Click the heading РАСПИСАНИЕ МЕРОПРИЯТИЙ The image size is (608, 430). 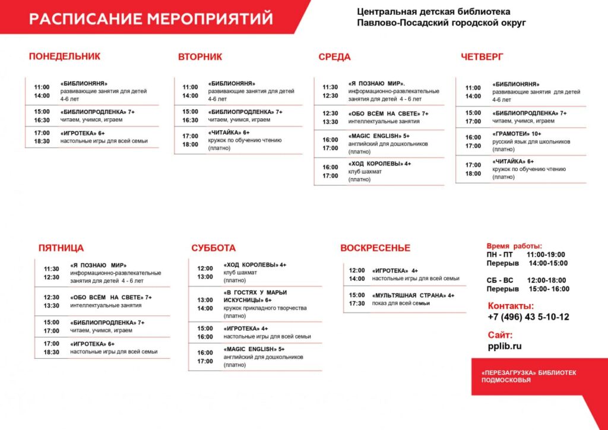point(151,18)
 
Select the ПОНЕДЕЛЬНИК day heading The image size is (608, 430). point(65,56)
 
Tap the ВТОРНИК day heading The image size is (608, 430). point(200,57)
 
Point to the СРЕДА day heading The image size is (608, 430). point(334,57)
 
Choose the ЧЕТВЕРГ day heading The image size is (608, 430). point(482,57)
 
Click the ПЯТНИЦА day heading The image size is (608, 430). point(61,248)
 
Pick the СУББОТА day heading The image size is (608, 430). point(214,248)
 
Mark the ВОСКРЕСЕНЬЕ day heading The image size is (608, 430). point(375,248)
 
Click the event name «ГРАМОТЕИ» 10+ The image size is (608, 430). point(517,134)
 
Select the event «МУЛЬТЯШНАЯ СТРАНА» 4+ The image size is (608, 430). point(413,295)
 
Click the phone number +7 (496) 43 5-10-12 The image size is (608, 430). point(528,317)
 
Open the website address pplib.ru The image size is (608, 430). point(505,346)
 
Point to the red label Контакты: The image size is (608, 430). point(508,306)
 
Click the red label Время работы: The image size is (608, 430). point(514,246)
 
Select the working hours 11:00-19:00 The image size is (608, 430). point(546,255)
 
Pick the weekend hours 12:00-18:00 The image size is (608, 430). point(546,280)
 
